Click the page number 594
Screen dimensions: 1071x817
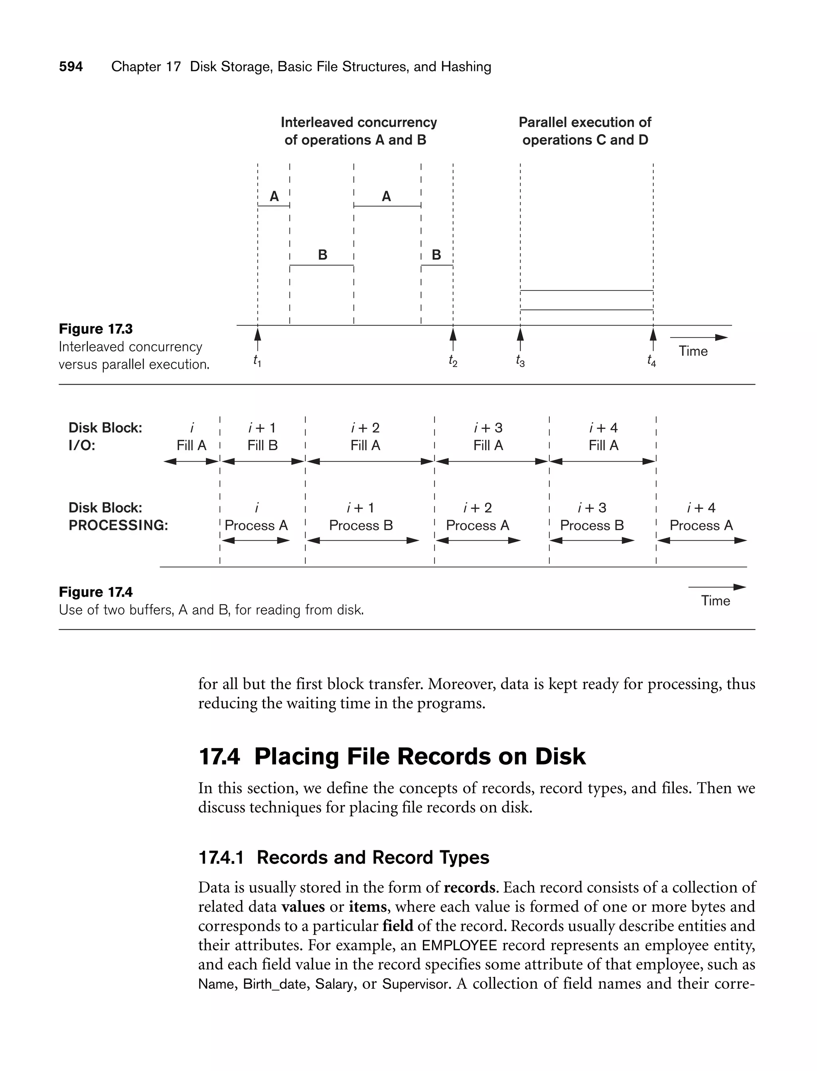(71, 67)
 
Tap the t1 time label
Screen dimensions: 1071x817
(257, 361)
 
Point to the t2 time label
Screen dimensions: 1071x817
(453, 361)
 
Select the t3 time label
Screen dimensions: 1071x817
(520, 361)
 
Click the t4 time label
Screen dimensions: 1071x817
(652, 361)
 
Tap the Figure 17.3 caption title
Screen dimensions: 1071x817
(96, 329)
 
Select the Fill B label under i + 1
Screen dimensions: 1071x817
(262, 446)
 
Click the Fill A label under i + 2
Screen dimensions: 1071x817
(366, 446)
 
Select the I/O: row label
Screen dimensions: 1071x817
(82, 446)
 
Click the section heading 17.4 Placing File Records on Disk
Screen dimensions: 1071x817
(392, 757)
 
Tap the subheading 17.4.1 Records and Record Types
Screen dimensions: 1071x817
(344, 858)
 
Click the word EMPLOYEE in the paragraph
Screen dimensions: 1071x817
(460, 946)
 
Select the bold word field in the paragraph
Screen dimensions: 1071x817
(397, 926)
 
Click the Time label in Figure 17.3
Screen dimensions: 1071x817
(693, 351)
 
